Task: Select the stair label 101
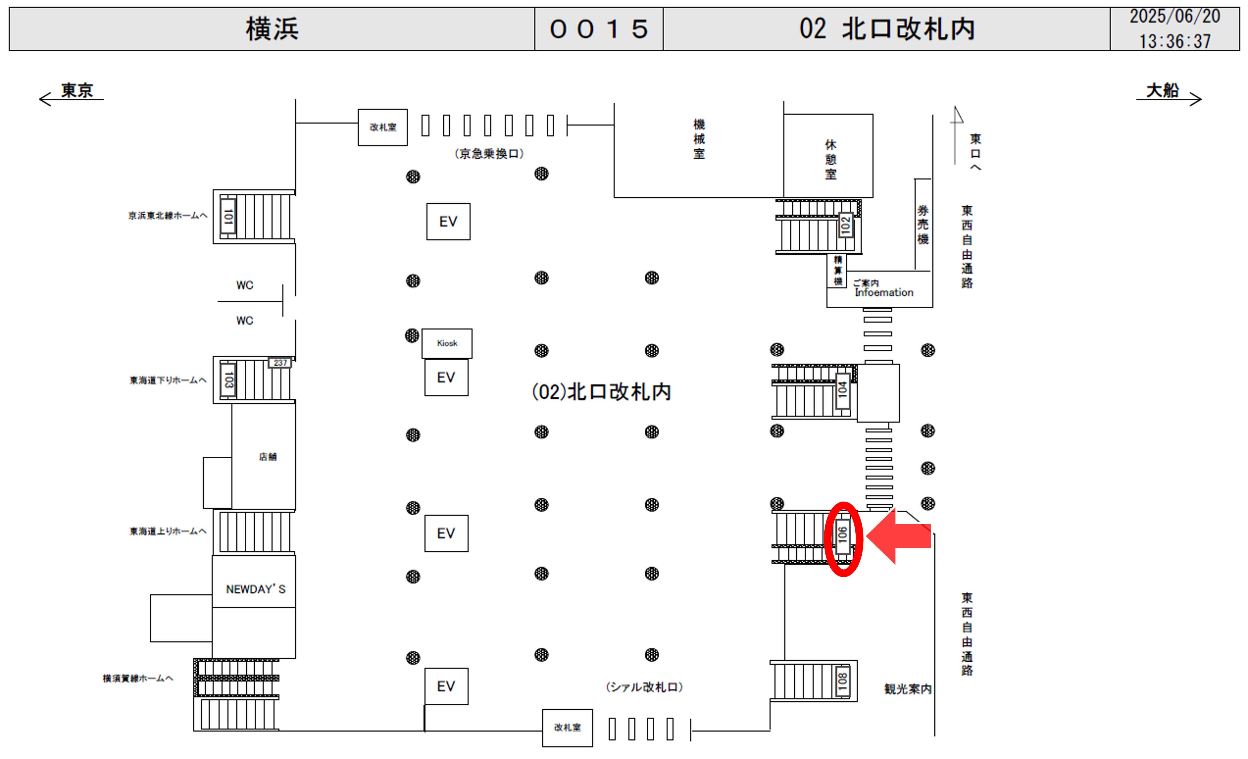pyautogui.click(x=228, y=216)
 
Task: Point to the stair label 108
pyautogui.click(x=842, y=681)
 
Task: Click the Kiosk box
pyautogui.click(x=447, y=343)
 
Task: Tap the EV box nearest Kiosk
pyautogui.click(x=446, y=377)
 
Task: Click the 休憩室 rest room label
pyautogui.click(x=831, y=159)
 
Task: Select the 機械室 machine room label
pyautogui.click(x=699, y=139)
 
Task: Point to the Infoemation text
pyautogui.click(x=884, y=292)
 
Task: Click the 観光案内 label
pyautogui.click(x=908, y=689)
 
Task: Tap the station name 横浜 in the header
pyautogui.click(x=272, y=29)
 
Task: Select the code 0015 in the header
pyautogui.click(x=599, y=29)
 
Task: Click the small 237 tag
pyautogui.click(x=280, y=363)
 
